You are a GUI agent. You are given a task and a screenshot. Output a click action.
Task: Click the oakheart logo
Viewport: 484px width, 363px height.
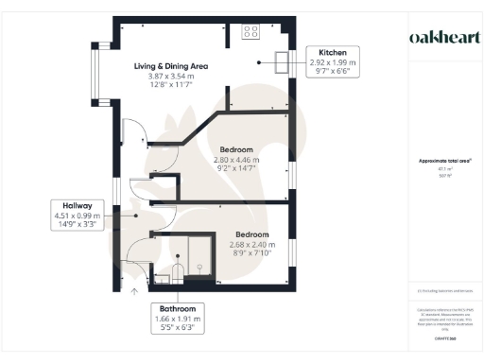[444, 37]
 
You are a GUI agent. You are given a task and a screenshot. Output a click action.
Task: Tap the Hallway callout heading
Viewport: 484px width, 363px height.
[78, 205]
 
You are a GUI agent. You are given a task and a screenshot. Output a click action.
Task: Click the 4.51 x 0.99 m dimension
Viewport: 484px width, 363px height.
[78, 216]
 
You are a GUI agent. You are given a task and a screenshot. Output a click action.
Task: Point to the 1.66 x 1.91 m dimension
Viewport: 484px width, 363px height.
[177, 320]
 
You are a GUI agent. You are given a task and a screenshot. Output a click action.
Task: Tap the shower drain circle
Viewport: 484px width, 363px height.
[200, 267]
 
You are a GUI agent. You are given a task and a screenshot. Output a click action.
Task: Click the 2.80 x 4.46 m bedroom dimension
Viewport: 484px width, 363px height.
[235, 161]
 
